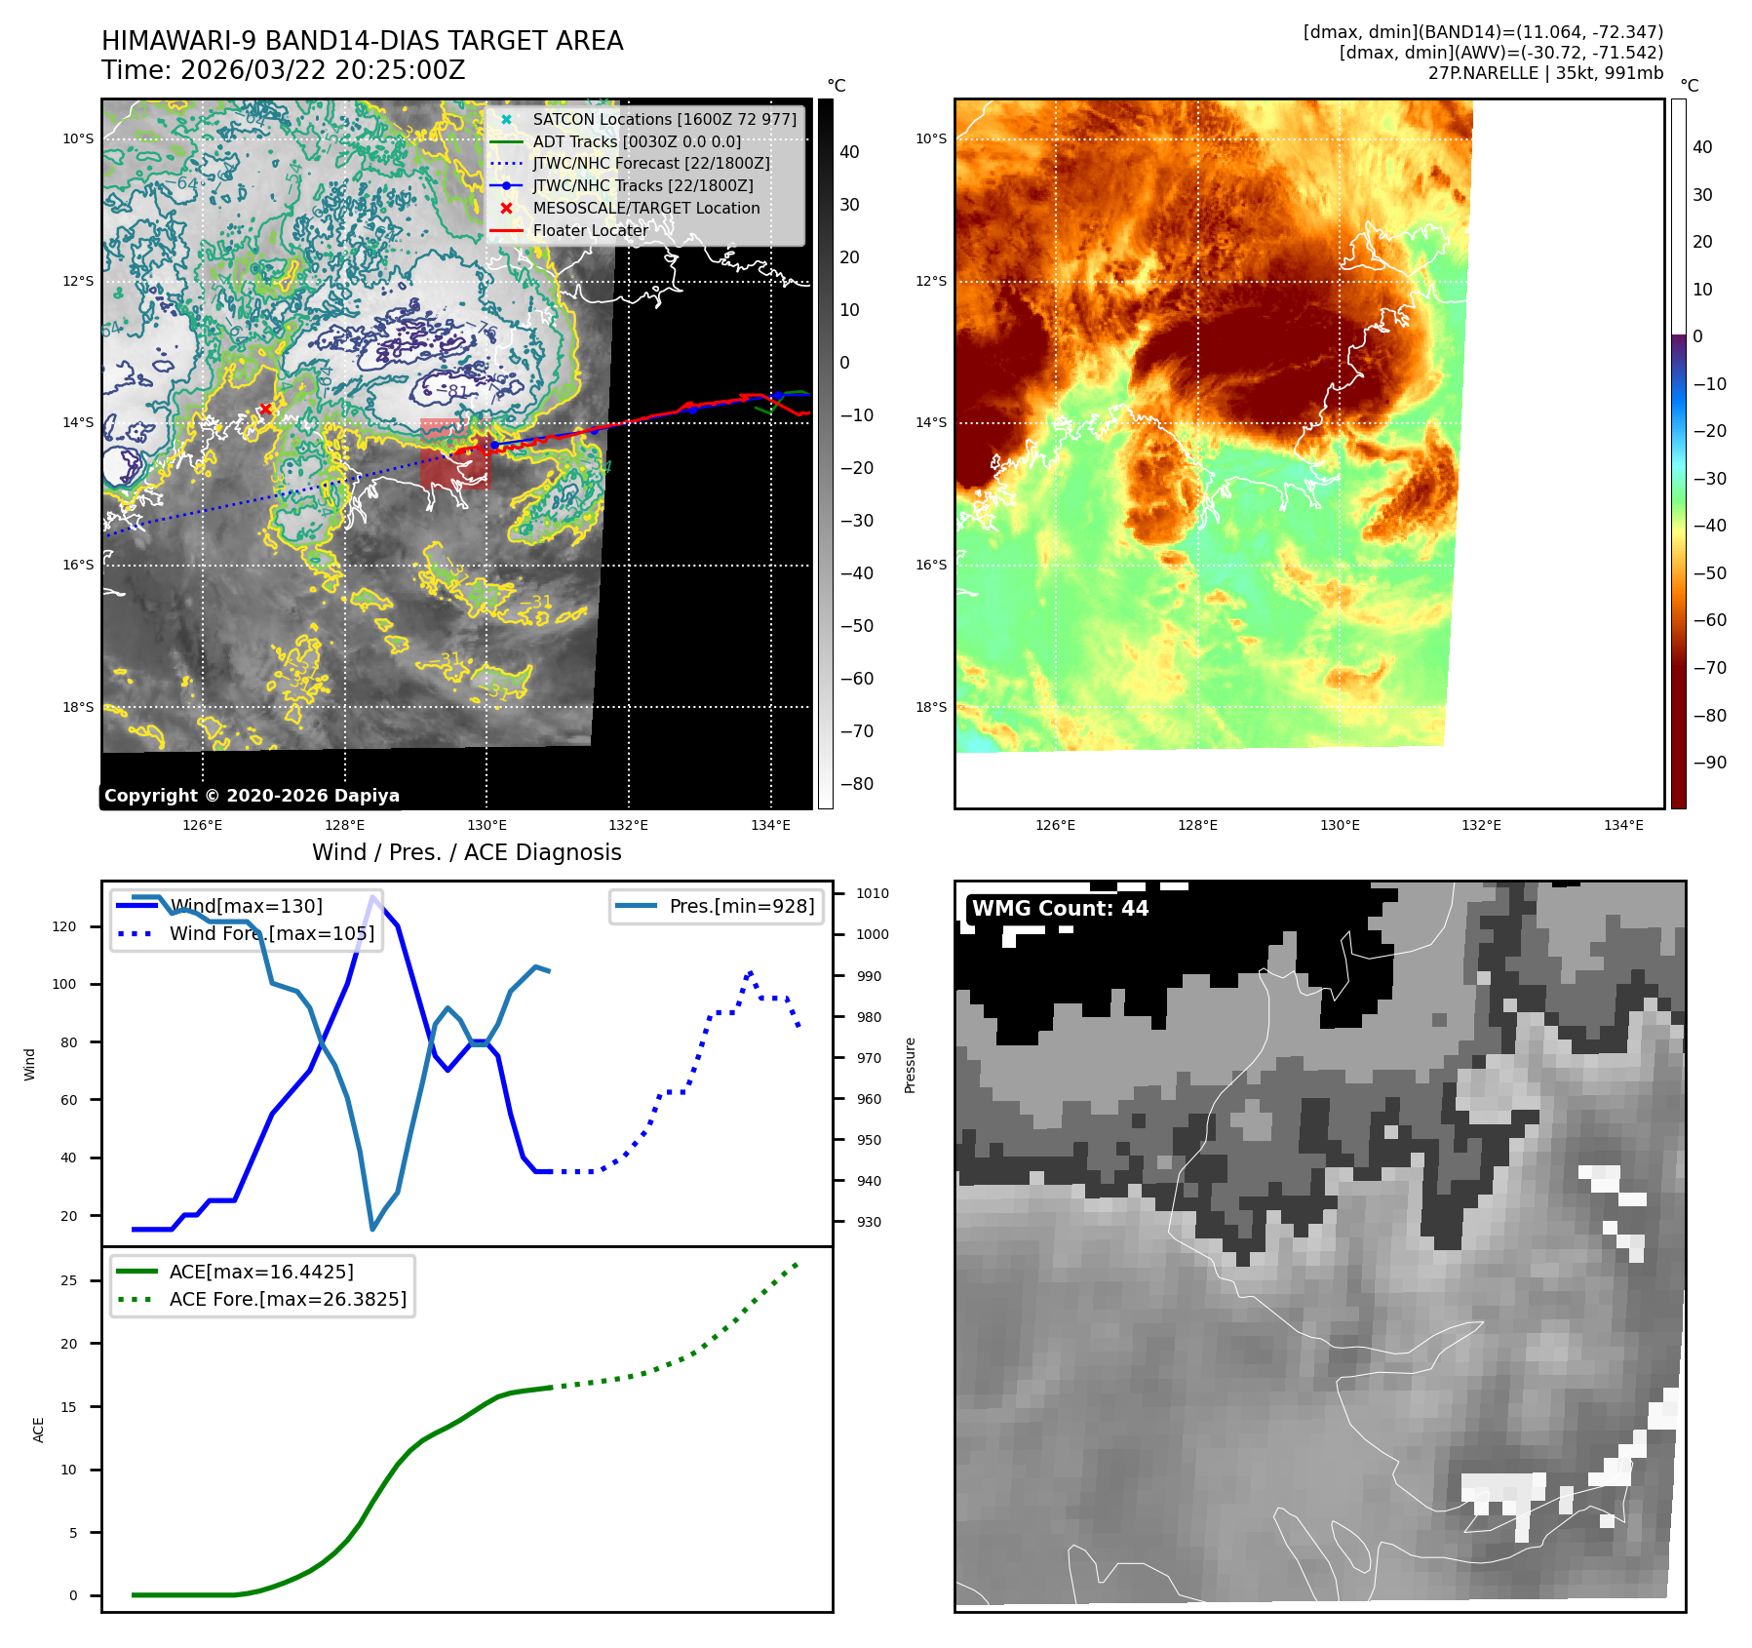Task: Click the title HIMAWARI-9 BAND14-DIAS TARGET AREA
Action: [362, 41]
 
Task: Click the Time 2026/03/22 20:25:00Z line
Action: [283, 70]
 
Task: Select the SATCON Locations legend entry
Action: [664, 119]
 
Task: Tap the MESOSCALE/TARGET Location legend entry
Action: [645, 208]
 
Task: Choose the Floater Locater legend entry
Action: [590, 230]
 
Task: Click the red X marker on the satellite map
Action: [265, 410]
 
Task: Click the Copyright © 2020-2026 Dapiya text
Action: [252, 796]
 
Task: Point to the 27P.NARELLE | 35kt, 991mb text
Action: [1545, 73]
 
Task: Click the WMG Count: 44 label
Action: [1060, 909]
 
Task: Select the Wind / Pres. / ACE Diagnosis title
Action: [466, 852]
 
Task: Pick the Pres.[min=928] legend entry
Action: [741, 906]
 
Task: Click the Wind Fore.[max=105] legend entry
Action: [271, 933]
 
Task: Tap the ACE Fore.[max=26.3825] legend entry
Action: [288, 1299]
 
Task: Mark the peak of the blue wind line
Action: [373, 897]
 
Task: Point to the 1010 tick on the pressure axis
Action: [872, 893]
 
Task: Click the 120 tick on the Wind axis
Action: [64, 926]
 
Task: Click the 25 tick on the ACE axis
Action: [68, 1280]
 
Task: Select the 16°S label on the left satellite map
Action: [79, 565]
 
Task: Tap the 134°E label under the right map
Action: [1623, 826]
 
